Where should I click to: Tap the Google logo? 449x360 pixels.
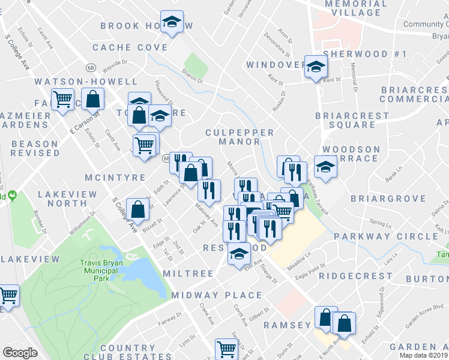click(20, 353)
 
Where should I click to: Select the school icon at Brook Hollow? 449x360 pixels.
click(172, 23)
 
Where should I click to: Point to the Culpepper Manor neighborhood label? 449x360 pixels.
click(240, 137)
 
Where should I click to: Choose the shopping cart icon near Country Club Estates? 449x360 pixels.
click(227, 348)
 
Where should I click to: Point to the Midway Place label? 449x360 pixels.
click(217, 295)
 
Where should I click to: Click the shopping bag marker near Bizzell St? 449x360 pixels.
click(138, 209)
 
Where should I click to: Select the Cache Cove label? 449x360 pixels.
click(130, 47)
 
